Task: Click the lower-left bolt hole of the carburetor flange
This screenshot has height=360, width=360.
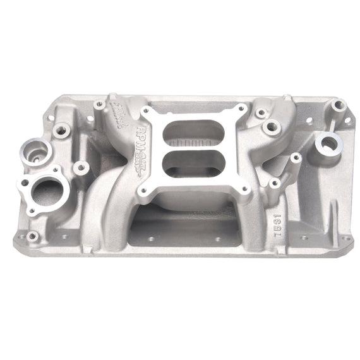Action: click(145, 189)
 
